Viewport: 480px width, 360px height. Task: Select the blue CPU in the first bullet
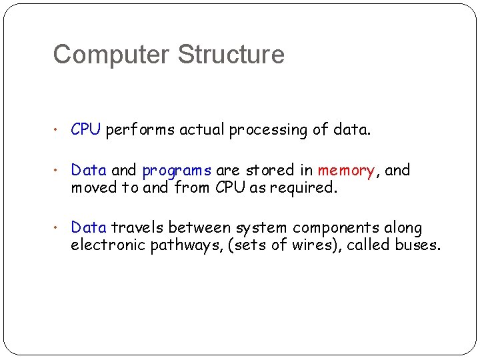(x=85, y=129)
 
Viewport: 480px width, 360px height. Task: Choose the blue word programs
(x=176, y=171)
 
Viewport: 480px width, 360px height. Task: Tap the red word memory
(x=346, y=171)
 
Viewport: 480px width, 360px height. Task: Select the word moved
(x=93, y=188)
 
